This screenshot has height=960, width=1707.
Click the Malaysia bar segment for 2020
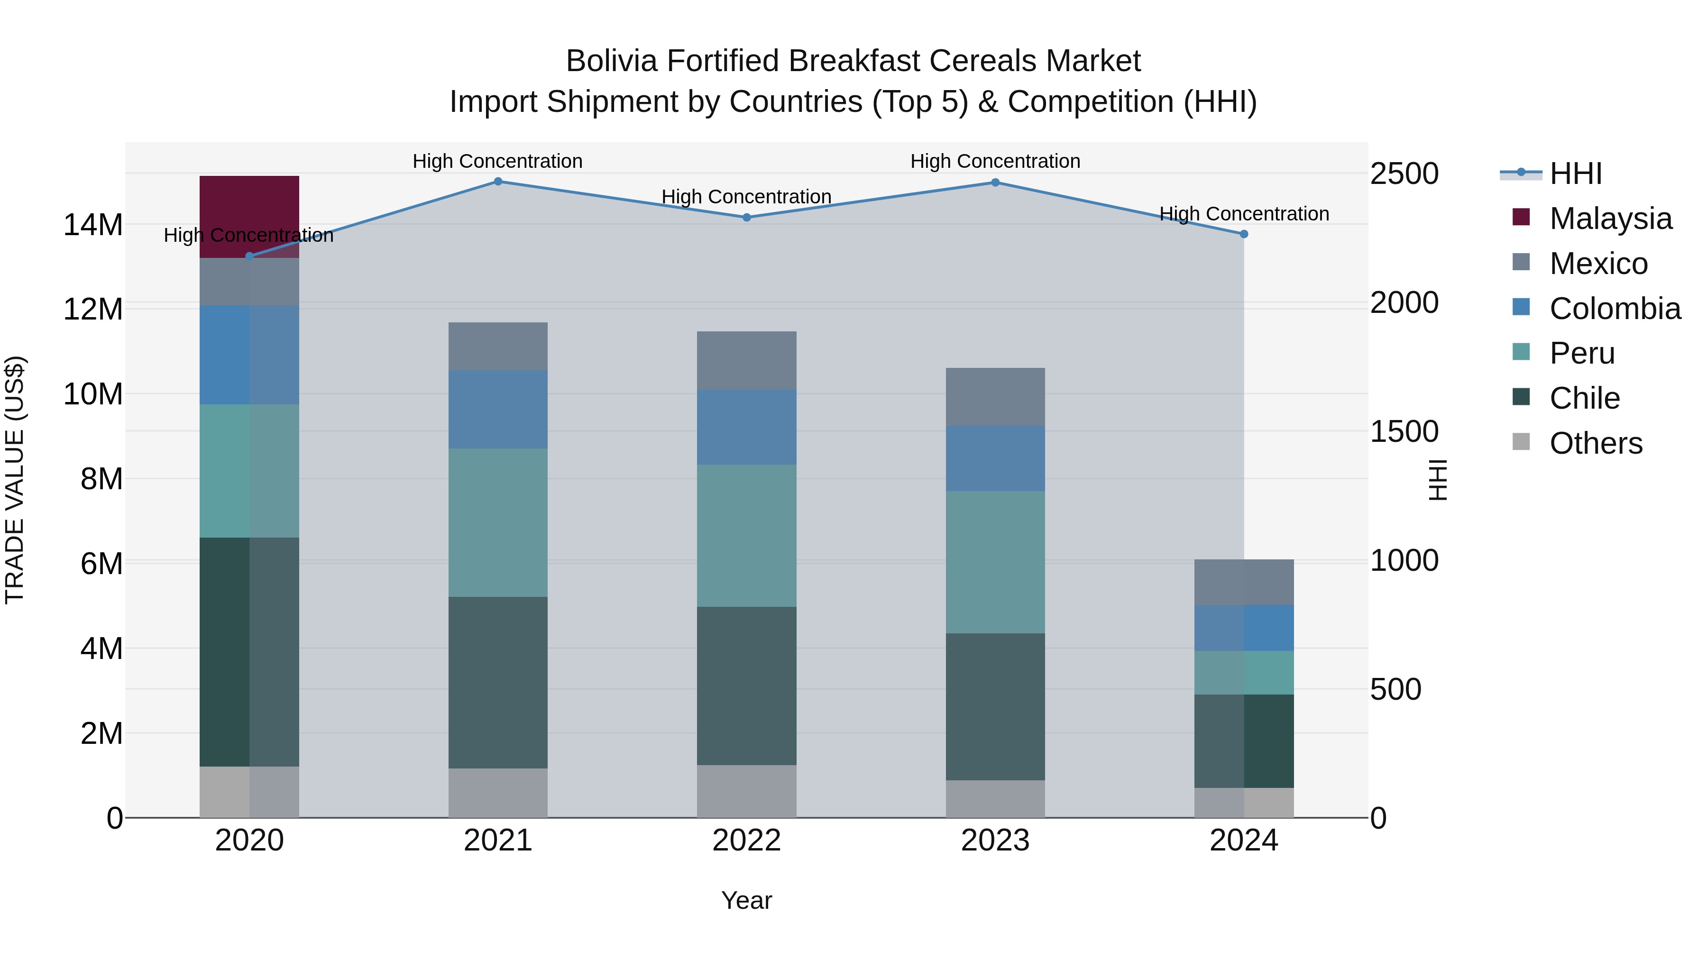249,217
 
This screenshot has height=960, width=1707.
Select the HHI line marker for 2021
498,182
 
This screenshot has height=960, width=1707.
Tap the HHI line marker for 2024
1244,234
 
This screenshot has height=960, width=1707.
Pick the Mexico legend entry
1597,264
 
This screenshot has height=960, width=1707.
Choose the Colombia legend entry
1614,309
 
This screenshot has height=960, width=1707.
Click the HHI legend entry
1575,174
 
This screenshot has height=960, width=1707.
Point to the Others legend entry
1595,443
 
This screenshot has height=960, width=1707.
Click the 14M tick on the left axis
93,225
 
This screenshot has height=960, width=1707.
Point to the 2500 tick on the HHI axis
1404,174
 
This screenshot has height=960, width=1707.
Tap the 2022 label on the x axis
746,841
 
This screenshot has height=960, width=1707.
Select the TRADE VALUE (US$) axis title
15,480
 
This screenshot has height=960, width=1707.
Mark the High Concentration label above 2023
995,161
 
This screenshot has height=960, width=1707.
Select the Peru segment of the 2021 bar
498,523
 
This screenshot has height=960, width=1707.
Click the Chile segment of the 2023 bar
995,706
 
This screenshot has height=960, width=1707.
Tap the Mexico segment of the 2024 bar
1244,582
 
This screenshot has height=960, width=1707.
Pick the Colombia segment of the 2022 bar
746,427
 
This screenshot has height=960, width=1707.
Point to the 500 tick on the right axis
1395,690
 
